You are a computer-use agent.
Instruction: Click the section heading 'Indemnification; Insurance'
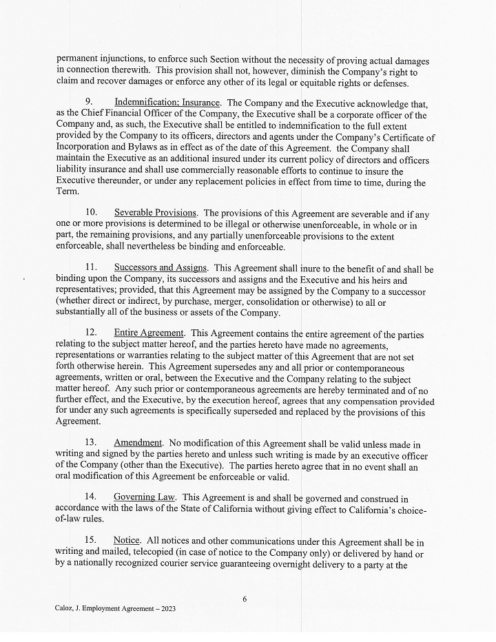167,103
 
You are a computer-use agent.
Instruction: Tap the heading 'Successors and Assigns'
161,268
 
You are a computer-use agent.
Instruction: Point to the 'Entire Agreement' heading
149,333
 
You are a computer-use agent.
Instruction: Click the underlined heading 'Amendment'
138,442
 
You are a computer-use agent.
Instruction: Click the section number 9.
89,103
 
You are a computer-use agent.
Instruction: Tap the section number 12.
90,333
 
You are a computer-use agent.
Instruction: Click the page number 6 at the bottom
245,599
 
